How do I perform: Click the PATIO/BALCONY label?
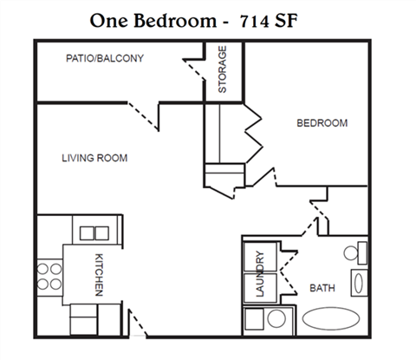point(104,59)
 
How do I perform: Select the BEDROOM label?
point(322,123)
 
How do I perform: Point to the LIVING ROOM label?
point(94,158)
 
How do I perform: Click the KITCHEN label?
point(98,275)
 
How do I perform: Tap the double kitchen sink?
point(91,232)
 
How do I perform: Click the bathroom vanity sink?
point(358,283)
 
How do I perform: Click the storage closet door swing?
point(192,68)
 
